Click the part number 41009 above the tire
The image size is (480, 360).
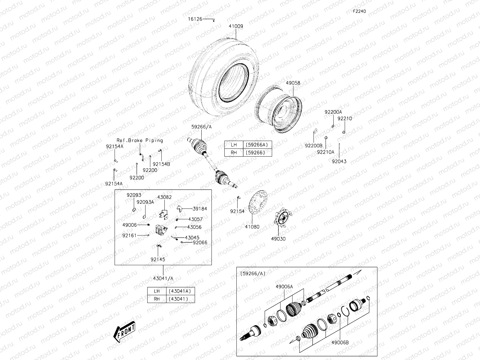(236, 26)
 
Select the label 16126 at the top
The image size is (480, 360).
(195, 19)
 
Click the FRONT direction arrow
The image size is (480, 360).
(124, 332)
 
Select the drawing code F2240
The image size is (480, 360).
(359, 11)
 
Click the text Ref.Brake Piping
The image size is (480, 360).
(140, 140)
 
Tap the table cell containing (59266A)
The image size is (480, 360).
(256, 145)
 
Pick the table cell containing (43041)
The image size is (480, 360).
(180, 299)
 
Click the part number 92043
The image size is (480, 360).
(339, 161)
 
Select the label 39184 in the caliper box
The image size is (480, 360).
(200, 208)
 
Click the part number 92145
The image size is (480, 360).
(158, 259)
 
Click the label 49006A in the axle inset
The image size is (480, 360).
(284, 286)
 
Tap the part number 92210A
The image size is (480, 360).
(325, 152)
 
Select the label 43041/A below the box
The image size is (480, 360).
(163, 278)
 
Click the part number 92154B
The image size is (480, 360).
(161, 164)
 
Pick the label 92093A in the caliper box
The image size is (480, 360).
(145, 202)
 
